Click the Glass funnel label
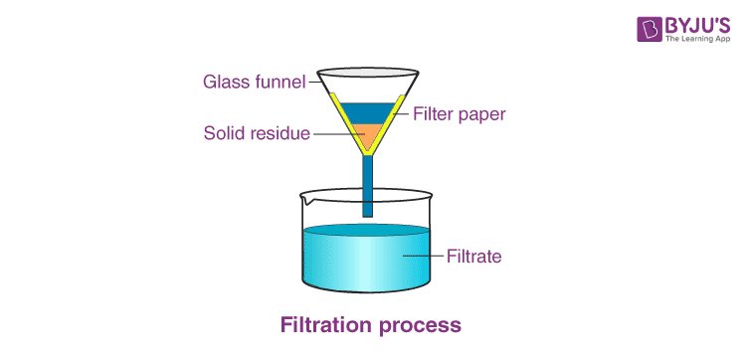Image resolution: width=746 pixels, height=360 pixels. coord(254,82)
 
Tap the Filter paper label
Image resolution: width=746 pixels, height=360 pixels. coord(460,114)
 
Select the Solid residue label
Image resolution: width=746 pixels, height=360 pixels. coord(257,133)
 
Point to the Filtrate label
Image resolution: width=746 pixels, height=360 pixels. coord(473,257)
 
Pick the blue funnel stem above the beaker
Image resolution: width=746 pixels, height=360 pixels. coord(367,186)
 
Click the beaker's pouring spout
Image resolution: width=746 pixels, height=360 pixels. coord(306,201)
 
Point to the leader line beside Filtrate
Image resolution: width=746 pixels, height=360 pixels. coord(424,257)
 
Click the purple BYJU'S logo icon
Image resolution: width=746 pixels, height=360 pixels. coord(650,30)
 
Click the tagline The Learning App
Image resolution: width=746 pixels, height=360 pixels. coord(697,40)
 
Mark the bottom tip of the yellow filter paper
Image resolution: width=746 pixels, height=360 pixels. coord(367,154)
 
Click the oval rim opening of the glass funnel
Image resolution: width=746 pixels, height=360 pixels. coord(368,73)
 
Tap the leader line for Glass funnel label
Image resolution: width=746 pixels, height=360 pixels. coord(314,82)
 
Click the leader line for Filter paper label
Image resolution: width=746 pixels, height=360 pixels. coord(405,113)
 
